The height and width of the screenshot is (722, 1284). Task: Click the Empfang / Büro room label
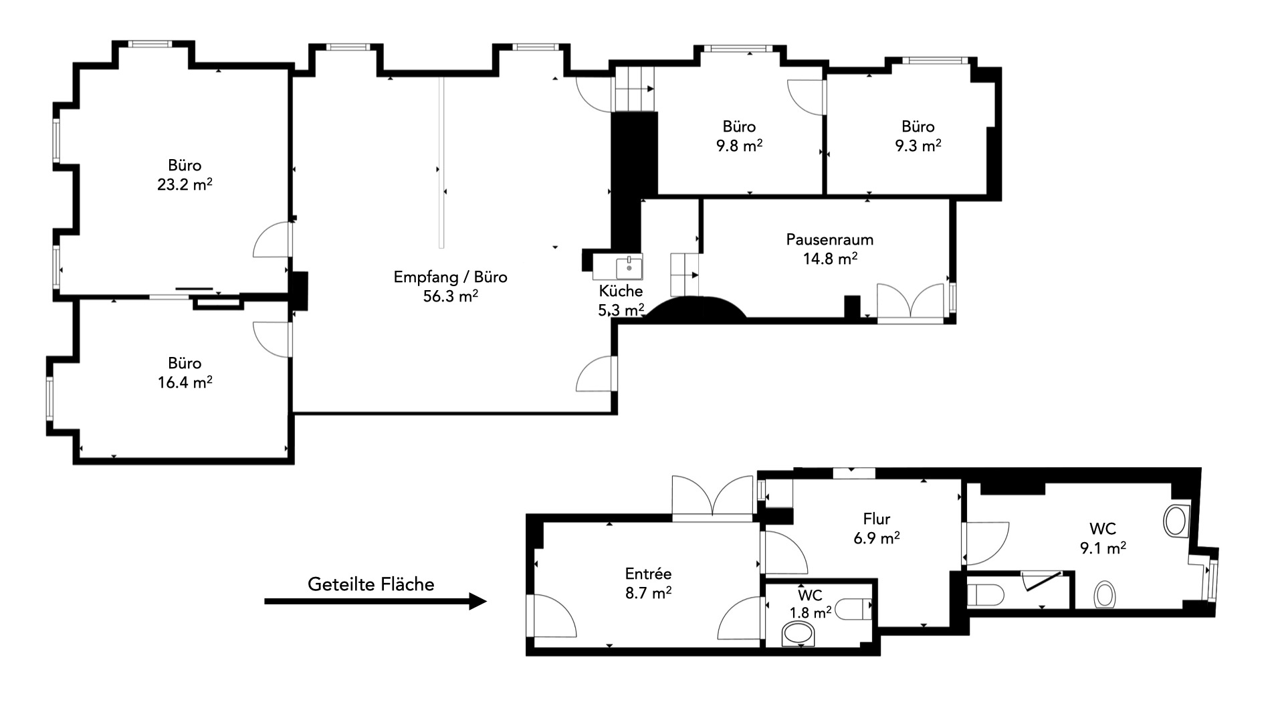pyautogui.click(x=450, y=277)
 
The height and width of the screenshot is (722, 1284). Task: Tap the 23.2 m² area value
pyautogui.click(x=185, y=185)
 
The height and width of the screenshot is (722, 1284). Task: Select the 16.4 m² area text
pyautogui.click(x=185, y=382)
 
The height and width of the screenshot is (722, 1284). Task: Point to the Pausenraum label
pyautogui.click(x=829, y=239)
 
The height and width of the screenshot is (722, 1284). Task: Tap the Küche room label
pyautogui.click(x=621, y=291)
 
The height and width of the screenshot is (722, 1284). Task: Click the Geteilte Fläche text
pyautogui.click(x=370, y=584)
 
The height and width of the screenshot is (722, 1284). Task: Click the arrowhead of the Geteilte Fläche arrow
pyautogui.click(x=477, y=601)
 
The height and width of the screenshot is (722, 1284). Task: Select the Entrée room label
pyautogui.click(x=648, y=574)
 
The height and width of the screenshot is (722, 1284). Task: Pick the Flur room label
pyautogui.click(x=876, y=519)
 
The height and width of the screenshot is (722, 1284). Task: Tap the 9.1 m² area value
pyautogui.click(x=1103, y=548)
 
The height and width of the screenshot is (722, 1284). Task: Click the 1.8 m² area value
pyautogui.click(x=811, y=612)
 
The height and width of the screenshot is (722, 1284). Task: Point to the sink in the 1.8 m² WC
pyautogui.click(x=799, y=634)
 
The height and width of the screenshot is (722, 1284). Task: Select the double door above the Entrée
pyautogui.click(x=713, y=497)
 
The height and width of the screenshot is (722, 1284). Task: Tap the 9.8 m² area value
pyautogui.click(x=739, y=146)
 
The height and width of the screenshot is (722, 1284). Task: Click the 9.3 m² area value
pyautogui.click(x=918, y=146)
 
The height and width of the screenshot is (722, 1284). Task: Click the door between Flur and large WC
pyautogui.click(x=985, y=543)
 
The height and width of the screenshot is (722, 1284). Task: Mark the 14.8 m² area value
pyautogui.click(x=830, y=259)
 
